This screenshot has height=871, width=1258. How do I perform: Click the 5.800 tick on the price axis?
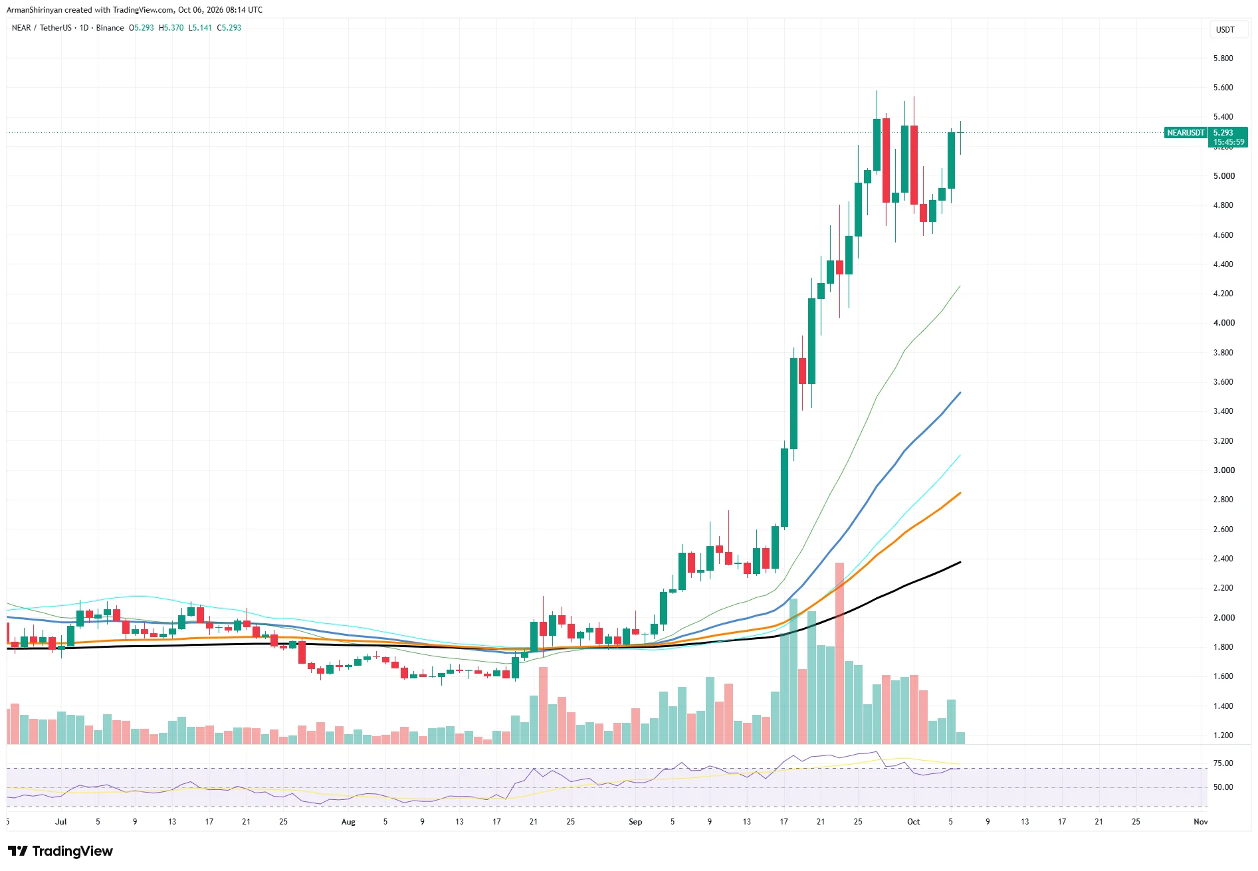(1223, 58)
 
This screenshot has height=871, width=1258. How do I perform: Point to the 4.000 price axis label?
(1223, 323)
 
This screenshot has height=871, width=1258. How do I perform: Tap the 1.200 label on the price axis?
(1223, 735)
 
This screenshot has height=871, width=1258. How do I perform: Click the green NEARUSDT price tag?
(1186, 133)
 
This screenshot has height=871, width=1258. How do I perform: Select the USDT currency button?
(1225, 30)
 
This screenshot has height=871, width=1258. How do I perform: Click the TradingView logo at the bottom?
(60, 851)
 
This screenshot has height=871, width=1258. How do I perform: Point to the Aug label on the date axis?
(348, 822)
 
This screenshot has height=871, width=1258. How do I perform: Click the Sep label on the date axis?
(635, 822)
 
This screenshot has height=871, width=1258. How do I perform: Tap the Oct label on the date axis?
(914, 822)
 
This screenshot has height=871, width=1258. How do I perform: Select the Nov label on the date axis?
(1200, 822)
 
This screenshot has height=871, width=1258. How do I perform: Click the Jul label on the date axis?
(61, 822)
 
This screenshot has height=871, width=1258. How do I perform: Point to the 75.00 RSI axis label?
(1223, 763)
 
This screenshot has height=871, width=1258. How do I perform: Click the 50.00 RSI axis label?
(1223, 787)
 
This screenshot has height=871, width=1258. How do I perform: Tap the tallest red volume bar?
(839, 653)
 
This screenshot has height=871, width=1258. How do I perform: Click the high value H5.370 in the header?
(171, 28)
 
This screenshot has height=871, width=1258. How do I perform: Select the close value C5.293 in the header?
(229, 28)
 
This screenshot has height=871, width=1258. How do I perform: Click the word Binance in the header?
(110, 28)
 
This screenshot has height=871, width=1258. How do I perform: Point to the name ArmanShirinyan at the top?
(34, 10)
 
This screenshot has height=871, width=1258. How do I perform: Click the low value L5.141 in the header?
(200, 28)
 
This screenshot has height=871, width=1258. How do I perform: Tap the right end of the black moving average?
(960, 562)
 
